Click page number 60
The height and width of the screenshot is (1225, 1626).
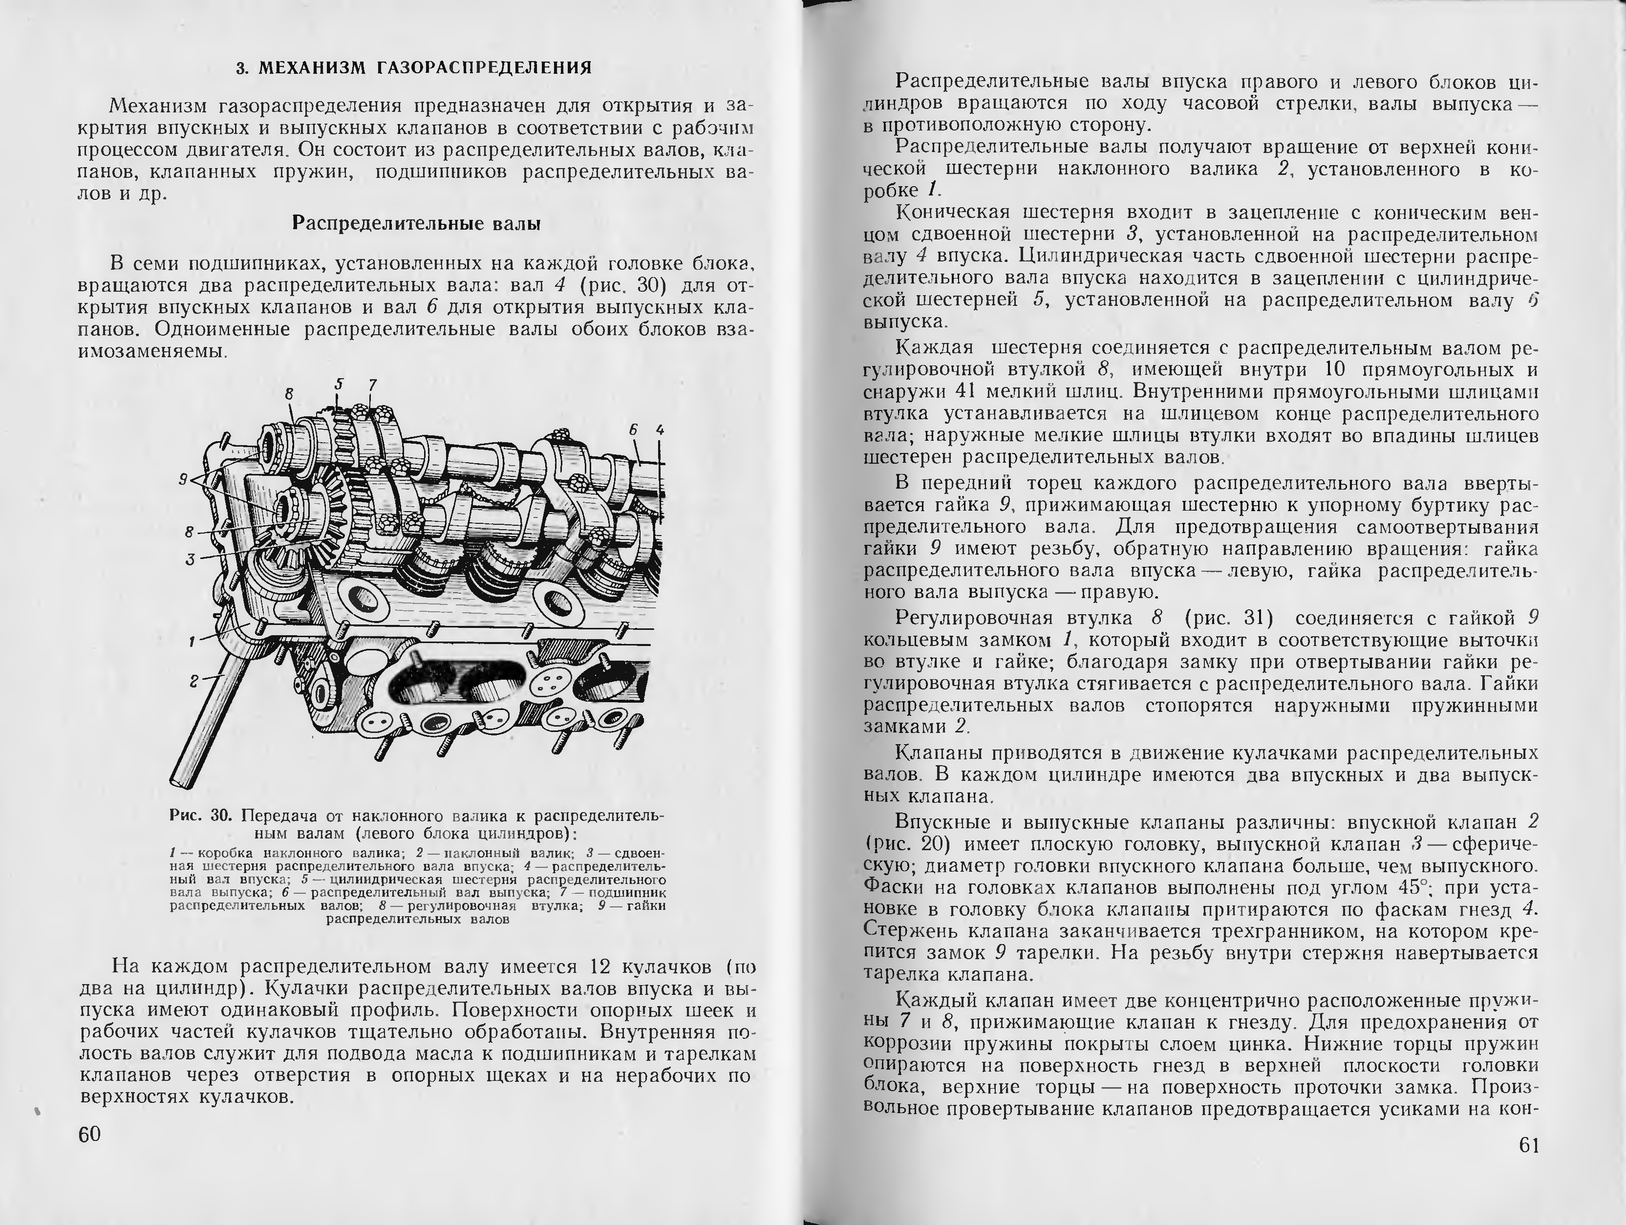point(90,1134)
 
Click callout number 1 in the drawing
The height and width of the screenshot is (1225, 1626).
point(192,641)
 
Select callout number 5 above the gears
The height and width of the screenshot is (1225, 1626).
point(339,383)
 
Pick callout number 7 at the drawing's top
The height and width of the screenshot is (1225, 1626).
point(373,385)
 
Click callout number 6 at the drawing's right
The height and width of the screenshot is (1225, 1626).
point(633,430)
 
